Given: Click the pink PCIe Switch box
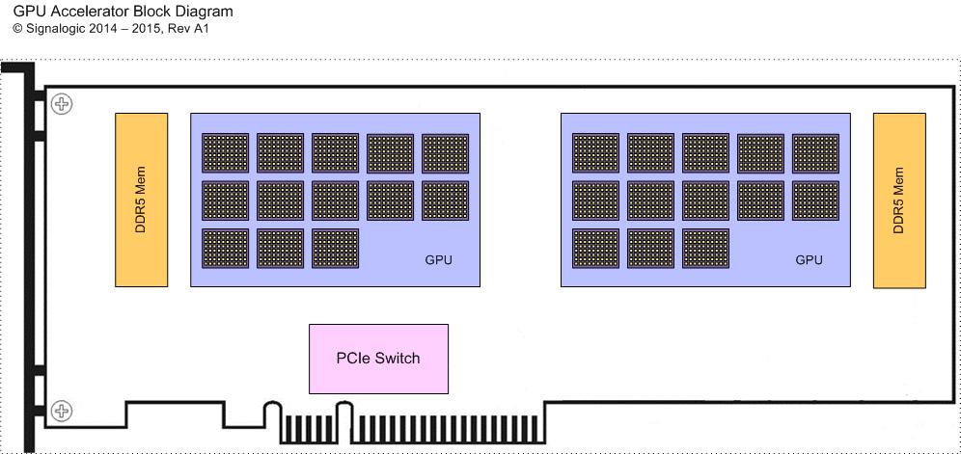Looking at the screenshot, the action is pos(379,359).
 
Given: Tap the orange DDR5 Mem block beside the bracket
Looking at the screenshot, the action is pos(141,200).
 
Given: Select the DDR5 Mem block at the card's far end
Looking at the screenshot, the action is pos(899,200).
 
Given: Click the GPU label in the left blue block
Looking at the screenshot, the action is pos(439,260).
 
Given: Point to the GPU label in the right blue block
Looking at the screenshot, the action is pos(809,260).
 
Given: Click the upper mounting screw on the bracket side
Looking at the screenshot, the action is pos(62,103).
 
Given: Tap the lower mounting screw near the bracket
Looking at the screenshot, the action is pos(62,410).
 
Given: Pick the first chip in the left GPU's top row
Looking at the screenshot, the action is pos(226,153).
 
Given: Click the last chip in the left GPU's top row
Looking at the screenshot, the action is pos(446,153).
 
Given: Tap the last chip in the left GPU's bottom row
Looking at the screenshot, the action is pos(335,248).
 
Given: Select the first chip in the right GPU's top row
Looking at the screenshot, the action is pos(595,153).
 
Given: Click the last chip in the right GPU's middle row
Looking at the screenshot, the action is pos(815,200).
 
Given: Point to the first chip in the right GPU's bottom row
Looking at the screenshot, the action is pos(595,248).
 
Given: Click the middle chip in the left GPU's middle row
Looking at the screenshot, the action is pos(335,200).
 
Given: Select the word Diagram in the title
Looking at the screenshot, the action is pos(208,11).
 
